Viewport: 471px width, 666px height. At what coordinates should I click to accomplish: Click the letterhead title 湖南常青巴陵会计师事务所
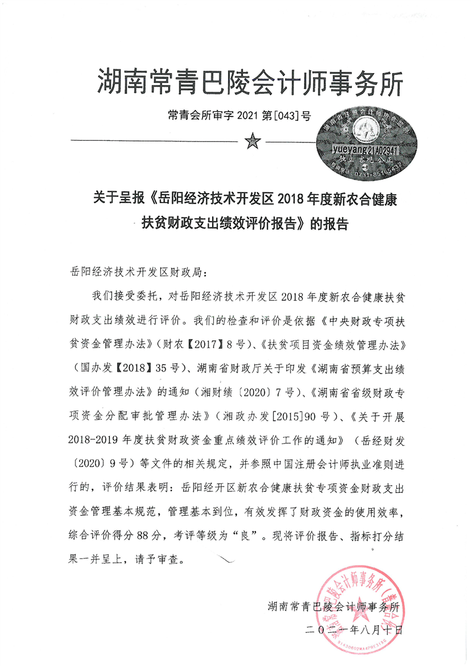[x=249, y=82]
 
